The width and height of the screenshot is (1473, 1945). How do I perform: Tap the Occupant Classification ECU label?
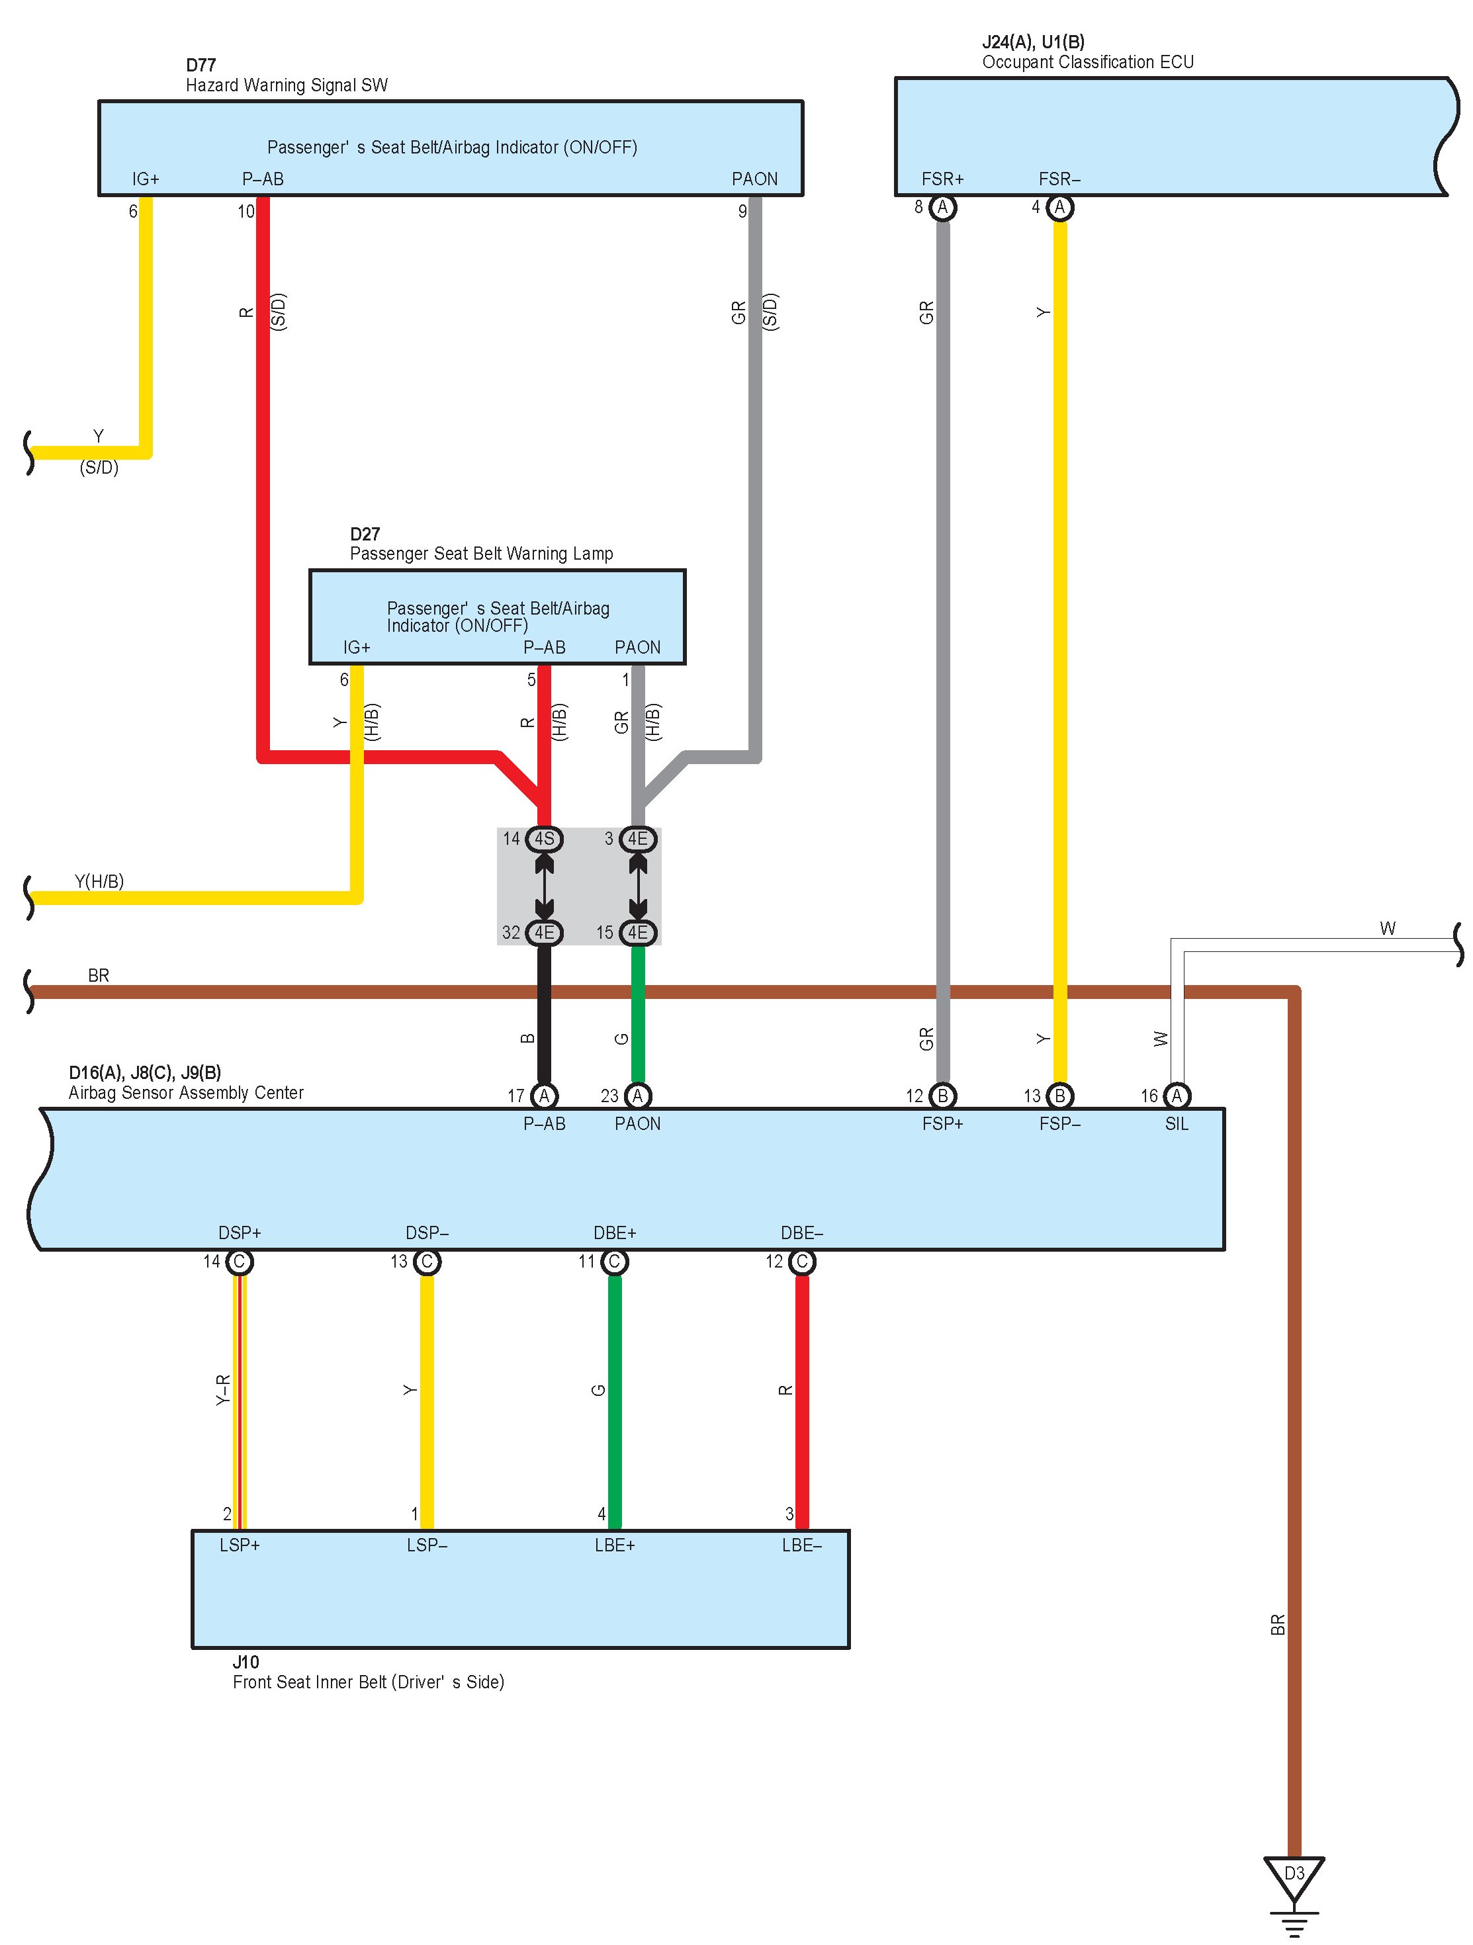[x=1087, y=62]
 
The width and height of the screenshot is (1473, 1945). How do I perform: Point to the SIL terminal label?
[x=1176, y=1124]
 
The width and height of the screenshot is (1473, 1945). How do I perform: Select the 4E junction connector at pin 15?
[x=637, y=932]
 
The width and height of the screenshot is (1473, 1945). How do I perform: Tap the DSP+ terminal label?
[x=239, y=1232]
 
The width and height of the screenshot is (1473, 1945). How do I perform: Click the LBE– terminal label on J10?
[x=801, y=1545]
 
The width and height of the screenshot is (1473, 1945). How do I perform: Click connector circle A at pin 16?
[x=1176, y=1096]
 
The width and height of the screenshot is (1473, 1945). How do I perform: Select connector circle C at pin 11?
[x=614, y=1262]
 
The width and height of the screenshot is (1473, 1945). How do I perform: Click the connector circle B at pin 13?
[x=1059, y=1096]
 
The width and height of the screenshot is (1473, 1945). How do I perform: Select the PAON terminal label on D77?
[x=754, y=179]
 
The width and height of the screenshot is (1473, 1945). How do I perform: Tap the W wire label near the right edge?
[x=1387, y=928]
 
